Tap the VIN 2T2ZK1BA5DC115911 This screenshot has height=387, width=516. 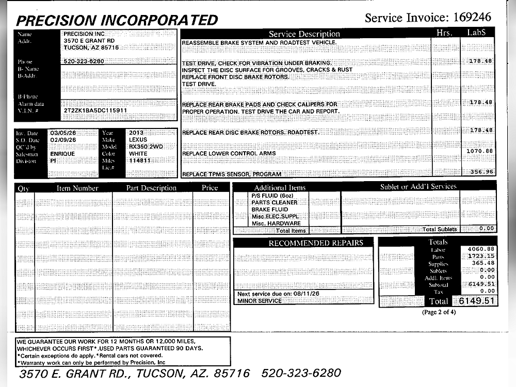[95, 110]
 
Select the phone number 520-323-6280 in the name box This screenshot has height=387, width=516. [84, 61]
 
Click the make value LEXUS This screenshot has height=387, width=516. [138, 140]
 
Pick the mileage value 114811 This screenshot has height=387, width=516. [139, 160]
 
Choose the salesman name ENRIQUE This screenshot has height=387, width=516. [62, 154]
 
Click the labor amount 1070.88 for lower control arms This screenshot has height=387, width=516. [479, 151]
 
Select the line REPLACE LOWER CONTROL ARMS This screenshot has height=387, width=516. [229, 154]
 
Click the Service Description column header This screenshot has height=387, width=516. [304, 34]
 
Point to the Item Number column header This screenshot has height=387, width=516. [77, 188]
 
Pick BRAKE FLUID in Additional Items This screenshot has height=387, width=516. [269, 209]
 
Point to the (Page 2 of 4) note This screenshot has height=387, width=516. [439, 312]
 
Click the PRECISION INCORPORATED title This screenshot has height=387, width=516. [118, 20]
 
